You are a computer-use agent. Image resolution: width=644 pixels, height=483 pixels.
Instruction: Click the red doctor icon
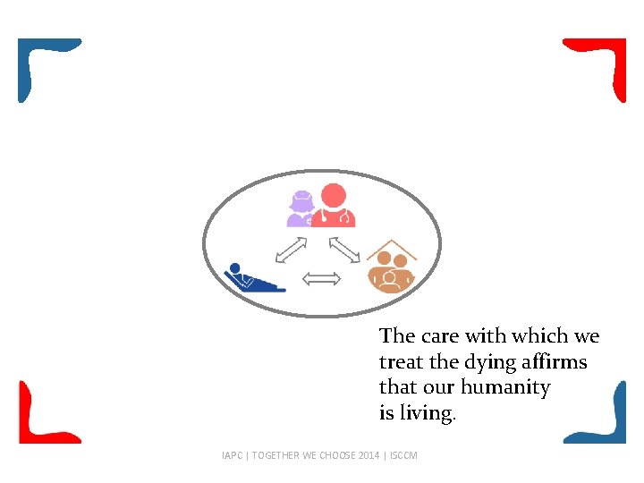(x=334, y=207)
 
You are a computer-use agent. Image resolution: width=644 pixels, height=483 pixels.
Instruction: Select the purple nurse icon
(x=301, y=210)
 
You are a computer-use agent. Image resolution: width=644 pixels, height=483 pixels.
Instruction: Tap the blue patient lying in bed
(x=252, y=279)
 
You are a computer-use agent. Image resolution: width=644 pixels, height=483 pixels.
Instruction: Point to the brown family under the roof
(x=392, y=274)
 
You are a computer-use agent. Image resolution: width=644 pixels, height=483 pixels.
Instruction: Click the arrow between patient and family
(x=322, y=279)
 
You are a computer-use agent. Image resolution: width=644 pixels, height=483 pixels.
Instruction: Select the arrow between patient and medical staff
(x=292, y=250)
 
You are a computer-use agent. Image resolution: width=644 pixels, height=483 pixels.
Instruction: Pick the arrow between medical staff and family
(x=344, y=250)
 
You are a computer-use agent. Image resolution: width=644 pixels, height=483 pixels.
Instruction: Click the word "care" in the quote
(x=439, y=336)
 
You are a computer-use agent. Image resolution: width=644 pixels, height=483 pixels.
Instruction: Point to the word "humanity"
(x=505, y=388)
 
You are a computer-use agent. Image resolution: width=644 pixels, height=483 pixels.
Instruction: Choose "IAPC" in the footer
(x=233, y=455)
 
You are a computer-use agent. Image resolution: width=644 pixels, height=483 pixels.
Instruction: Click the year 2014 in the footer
(x=369, y=455)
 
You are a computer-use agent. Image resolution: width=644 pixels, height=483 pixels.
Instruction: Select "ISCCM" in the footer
(x=404, y=455)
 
